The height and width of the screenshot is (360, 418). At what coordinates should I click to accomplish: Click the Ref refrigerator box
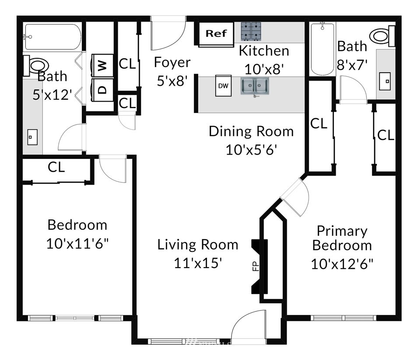(x=216, y=34)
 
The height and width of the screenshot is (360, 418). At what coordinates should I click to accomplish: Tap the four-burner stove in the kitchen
(x=251, y=31)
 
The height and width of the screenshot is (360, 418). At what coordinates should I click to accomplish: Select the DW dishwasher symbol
(x=223, y=85)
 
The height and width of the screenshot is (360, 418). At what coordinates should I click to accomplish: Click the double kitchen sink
(x=255, y=86)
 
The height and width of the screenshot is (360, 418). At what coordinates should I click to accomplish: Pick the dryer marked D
(x=102, y=90)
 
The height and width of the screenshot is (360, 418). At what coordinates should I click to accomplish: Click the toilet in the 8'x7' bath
(x=382, y=36)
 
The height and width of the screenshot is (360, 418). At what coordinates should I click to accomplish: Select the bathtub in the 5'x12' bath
(x=52, y=37)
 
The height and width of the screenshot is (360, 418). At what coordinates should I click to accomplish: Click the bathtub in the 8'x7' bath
(x=322, y=49)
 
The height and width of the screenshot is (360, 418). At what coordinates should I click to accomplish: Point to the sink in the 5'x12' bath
(x=32, y=137)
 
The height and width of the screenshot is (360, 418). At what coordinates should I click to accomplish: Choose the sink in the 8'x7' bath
(x=385, y=81)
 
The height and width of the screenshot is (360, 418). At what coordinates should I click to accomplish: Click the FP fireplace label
(x=256, y=266)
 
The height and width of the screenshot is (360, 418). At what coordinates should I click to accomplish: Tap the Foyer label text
(x=172, y=62)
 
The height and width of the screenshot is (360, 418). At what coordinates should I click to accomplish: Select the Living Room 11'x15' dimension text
(x=198, y=263)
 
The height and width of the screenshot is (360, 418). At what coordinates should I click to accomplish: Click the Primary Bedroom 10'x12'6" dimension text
(x=342, y=264)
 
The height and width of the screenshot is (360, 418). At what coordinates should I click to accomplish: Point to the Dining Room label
(x=251, y=131)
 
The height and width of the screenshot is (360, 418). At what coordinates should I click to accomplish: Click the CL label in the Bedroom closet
(x=56, y=167)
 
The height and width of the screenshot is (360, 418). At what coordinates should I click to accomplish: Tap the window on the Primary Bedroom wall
(x=344, y=318)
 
